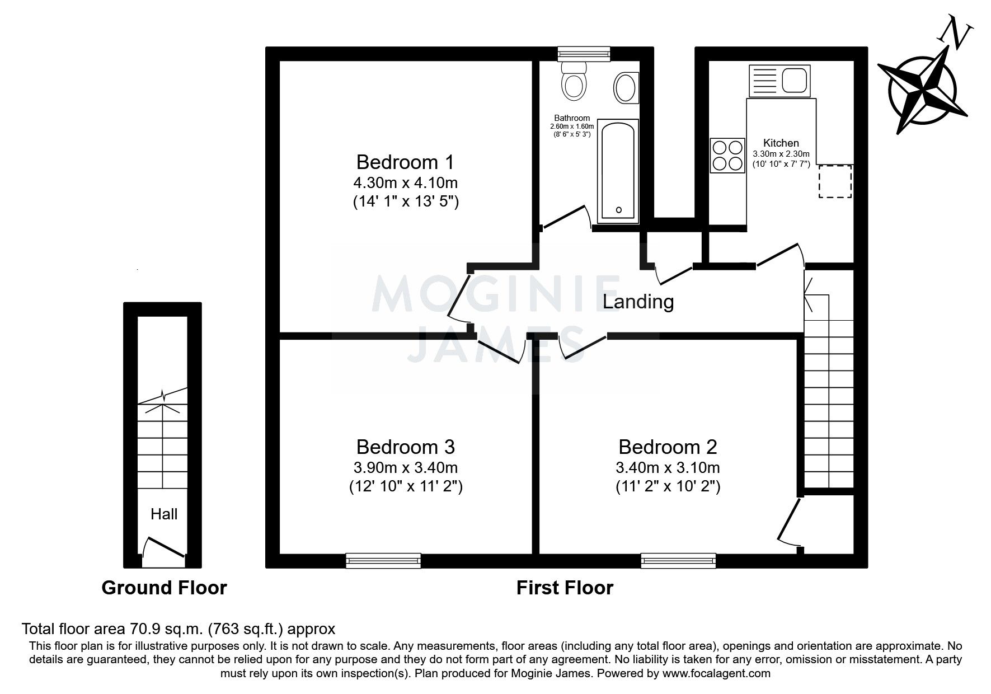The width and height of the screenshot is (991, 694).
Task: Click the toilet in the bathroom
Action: coord(574,82)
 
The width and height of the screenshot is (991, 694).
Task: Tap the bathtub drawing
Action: coord(618,171)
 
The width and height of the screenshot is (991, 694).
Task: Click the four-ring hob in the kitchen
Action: coord(727,155)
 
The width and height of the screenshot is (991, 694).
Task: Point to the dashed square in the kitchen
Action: coord(835,181)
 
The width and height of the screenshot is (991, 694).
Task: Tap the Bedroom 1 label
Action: coord(405,162)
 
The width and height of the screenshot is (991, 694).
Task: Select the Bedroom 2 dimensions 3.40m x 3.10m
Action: coord(668,467)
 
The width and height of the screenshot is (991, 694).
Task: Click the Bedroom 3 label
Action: coord(405,447)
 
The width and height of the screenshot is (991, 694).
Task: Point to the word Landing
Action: coord(638,302)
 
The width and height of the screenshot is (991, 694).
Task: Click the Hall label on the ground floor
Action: coord(163,514)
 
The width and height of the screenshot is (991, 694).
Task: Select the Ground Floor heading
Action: coord(164,588)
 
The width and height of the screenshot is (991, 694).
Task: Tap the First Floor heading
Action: coord(565,588)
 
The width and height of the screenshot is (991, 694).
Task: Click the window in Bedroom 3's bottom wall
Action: coord(383,560)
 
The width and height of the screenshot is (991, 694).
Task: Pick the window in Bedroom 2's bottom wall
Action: coord(678,560)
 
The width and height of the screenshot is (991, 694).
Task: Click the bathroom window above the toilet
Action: coord(584,54)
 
